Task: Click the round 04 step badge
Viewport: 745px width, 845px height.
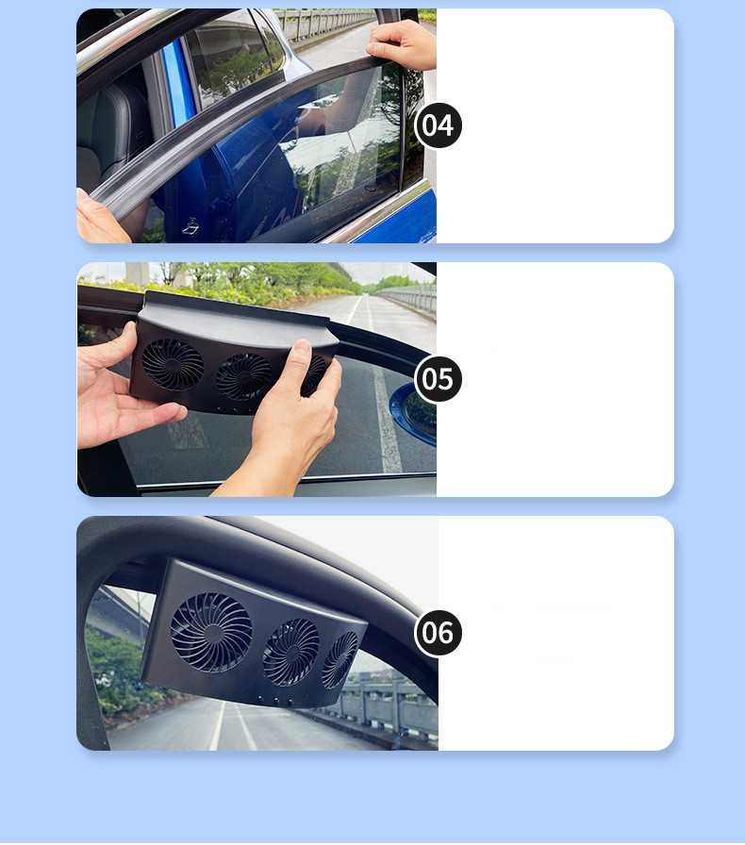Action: (439, 125)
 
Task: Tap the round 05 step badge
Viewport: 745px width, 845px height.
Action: (439, 379)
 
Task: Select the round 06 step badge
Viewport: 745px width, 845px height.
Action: (439, 633)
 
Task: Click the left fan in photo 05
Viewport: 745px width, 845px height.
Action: (173, 365)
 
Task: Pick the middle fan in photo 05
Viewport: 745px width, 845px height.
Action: (243, 377)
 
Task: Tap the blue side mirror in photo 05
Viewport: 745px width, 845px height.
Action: (414, 412)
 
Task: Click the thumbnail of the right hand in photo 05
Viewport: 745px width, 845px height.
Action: (302, 349)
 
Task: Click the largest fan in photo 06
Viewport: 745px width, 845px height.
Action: (211, 633)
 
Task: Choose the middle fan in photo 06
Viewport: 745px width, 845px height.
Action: (291, 653)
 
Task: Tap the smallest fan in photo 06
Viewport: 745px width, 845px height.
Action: (339, 660)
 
